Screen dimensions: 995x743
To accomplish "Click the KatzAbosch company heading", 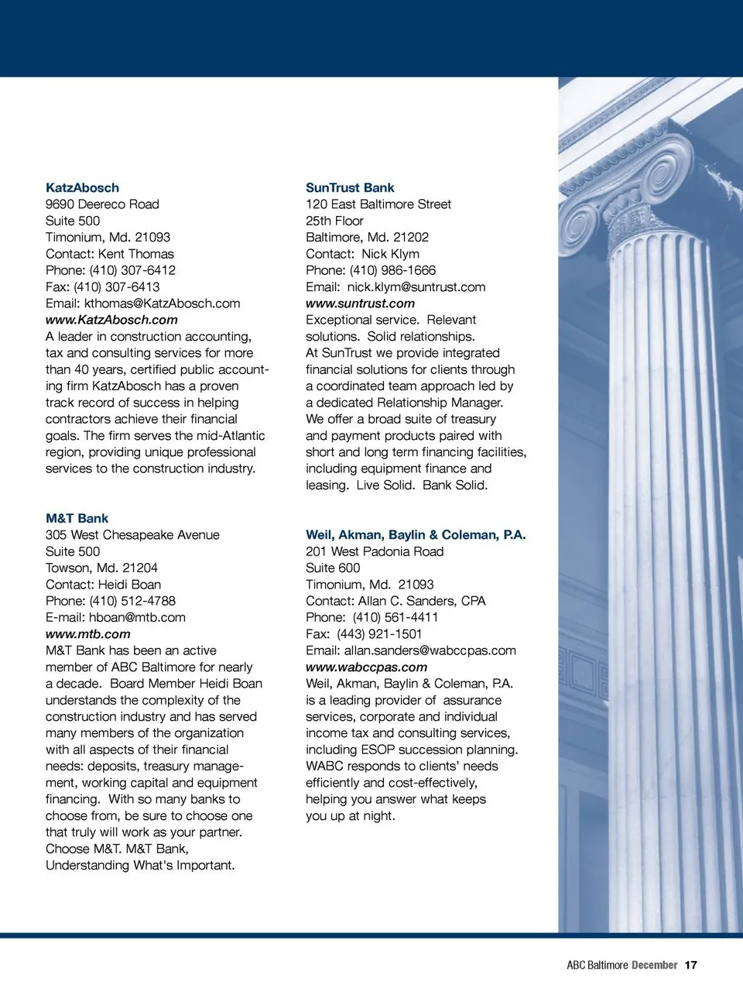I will point(82,187).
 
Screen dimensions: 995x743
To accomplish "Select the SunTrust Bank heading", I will point(350,187).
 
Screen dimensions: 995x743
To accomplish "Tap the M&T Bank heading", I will point(77,518).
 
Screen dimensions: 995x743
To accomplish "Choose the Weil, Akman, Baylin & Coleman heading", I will point(415,534).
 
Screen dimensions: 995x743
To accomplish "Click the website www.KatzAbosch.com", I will point(111,320).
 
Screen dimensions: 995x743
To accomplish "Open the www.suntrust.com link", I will point(360,304).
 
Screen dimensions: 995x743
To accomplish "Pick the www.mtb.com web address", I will point(87,634).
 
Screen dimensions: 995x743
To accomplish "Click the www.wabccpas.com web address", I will point(366,667).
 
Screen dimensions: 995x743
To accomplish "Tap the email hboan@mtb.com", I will point(137,617).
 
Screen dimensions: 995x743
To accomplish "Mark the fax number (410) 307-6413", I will point(117,286).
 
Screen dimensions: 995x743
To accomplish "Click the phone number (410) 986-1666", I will point(392,270).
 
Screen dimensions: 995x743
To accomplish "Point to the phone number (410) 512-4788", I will point(132,601).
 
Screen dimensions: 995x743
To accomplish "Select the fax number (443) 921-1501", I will point(379,634).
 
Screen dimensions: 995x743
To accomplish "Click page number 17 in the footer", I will point(691,965).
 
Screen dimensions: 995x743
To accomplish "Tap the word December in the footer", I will point(654,965).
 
